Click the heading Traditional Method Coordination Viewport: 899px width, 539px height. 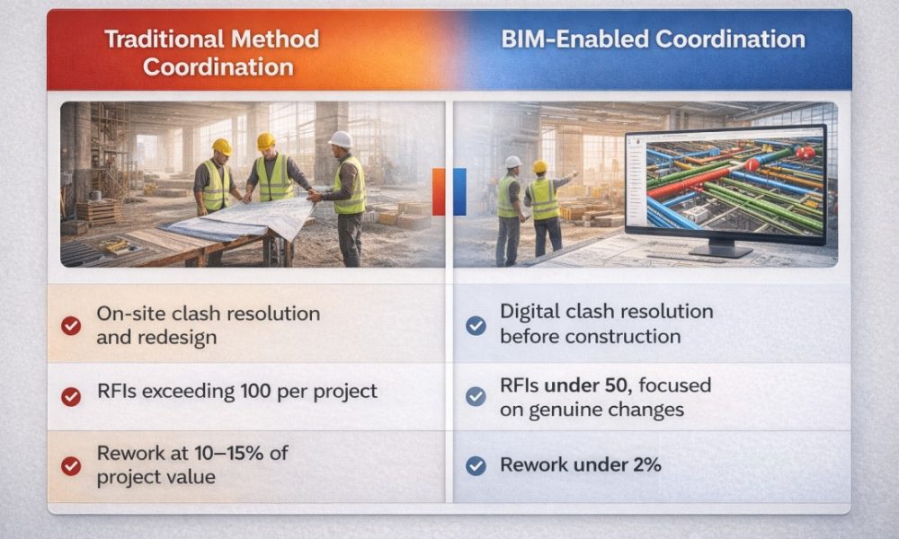211,53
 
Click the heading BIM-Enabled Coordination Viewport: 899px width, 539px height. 653,39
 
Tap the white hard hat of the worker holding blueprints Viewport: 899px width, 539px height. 341,139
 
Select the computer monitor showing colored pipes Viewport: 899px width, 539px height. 725,189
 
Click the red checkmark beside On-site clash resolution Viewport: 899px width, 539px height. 71,325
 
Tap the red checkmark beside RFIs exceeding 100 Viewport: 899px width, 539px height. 71,396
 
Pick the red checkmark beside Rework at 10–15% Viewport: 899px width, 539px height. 71,465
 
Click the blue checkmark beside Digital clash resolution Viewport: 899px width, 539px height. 476,325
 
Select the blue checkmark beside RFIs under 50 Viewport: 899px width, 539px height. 476,396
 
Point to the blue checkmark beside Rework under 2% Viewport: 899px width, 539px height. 476,465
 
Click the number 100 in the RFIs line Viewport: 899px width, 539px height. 255,391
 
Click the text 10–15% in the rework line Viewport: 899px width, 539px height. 228,453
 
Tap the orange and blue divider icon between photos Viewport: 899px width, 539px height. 449,192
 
